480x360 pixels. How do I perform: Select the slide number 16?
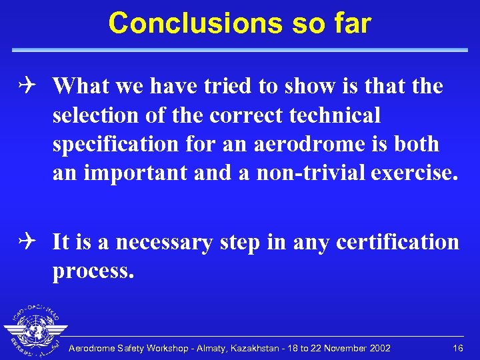pos(457,349)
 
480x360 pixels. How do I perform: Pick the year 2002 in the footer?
pos(378,349)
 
